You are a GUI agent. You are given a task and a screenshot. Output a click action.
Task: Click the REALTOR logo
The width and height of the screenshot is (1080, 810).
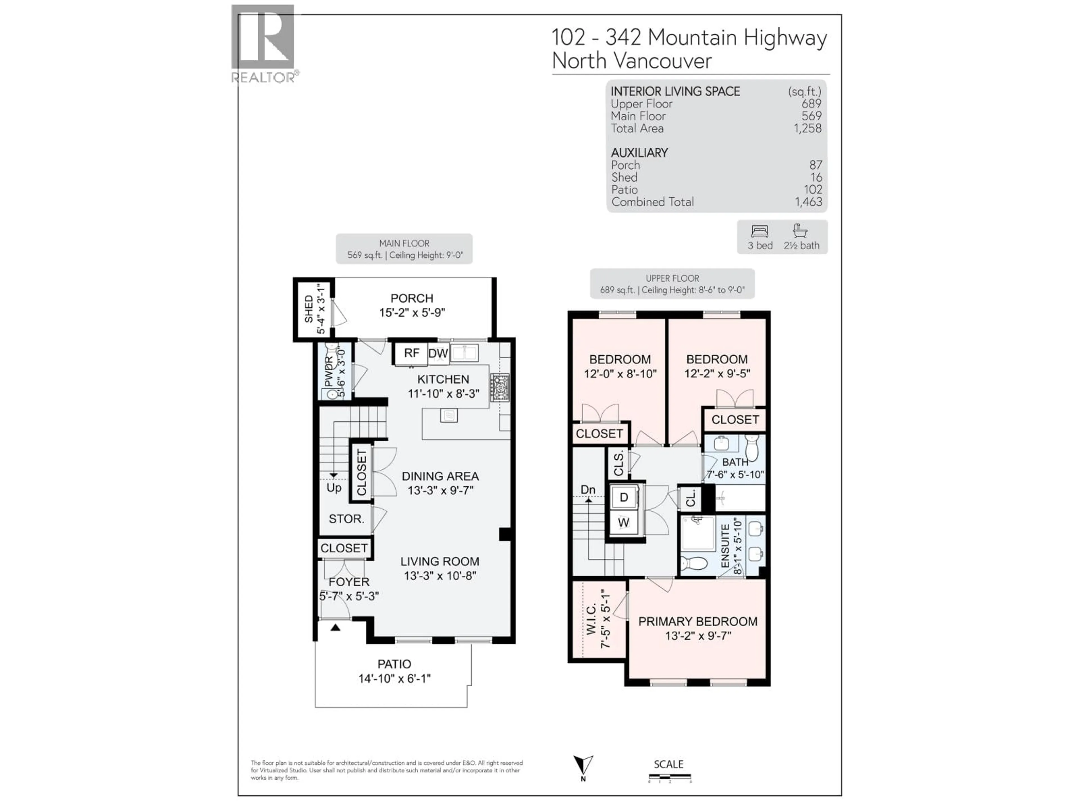264,43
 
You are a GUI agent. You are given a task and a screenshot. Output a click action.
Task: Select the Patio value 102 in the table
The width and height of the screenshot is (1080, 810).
813,190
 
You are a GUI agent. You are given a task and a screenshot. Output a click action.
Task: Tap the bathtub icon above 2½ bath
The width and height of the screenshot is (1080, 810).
800,230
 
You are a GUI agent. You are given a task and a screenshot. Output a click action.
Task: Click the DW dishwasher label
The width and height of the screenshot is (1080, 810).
438,354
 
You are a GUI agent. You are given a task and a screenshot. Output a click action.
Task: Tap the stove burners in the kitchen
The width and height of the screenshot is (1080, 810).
500,388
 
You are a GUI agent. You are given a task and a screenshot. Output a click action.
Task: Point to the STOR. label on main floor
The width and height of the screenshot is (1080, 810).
346,519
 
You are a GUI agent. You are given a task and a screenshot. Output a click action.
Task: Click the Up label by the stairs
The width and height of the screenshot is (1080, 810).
334,488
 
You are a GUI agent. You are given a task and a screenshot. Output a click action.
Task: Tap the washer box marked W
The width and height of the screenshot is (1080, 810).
624,523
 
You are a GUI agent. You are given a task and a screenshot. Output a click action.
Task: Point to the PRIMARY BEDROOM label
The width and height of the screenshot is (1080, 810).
698,622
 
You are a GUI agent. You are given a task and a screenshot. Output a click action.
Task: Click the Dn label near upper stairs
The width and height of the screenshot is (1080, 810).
588,490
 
